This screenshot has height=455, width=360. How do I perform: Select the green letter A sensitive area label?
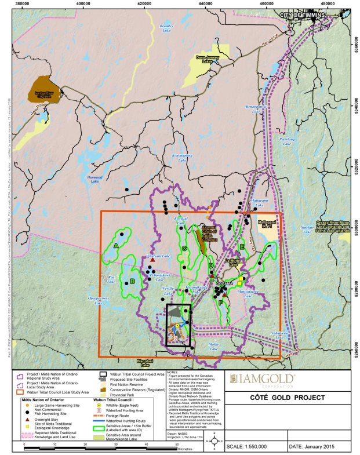pos(116,246)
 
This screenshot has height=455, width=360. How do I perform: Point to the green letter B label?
pos(133,281)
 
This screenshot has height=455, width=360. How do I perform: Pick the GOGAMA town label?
pos(224,283)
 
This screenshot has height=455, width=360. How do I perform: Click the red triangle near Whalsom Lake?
pos(152,261)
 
